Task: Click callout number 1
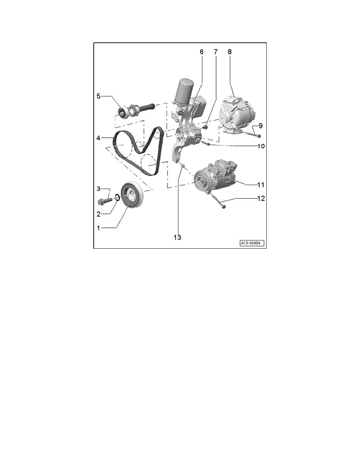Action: click(x=98, y=228)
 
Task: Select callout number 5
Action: click(x=98, y=96)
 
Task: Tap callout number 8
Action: click(x=229, y=52)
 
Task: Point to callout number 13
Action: click(x=177, y=237)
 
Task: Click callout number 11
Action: click(x=260, y=185)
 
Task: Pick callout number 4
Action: click(x=98, y=138)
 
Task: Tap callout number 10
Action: click(x=261, y=146)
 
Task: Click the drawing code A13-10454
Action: click(x=252, y=243)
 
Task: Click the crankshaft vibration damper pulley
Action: click(x=133, y=197)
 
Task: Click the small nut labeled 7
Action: click(x=205, y=128)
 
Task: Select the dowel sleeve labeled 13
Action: click(x=184, y=166)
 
